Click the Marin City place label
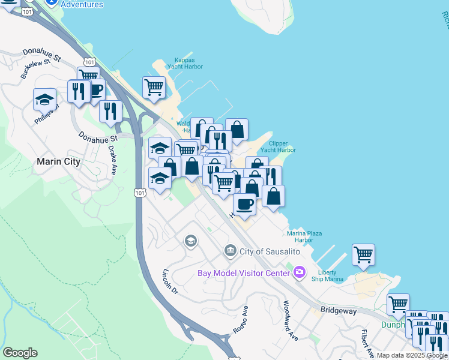59,161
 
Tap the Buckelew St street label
34,69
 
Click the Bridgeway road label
339,311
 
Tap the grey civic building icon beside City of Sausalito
230,250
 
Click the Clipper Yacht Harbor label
278,146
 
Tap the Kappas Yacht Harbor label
188,63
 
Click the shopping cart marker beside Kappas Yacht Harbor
154,86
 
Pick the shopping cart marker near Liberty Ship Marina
363,254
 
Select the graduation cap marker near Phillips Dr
44,99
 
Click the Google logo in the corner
20,353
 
